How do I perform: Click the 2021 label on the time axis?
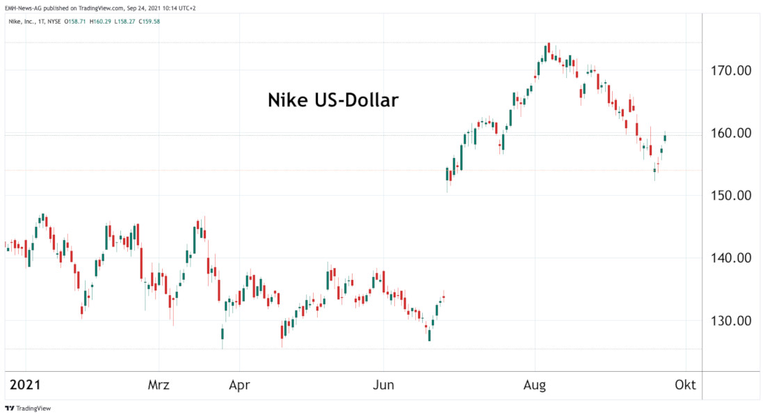coord(25,385)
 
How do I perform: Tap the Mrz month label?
coord(159,385)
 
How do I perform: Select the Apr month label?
coord(239,385)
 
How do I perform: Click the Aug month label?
coord(535,385)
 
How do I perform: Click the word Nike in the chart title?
coord(288,100)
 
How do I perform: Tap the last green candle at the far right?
coord(665,137)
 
